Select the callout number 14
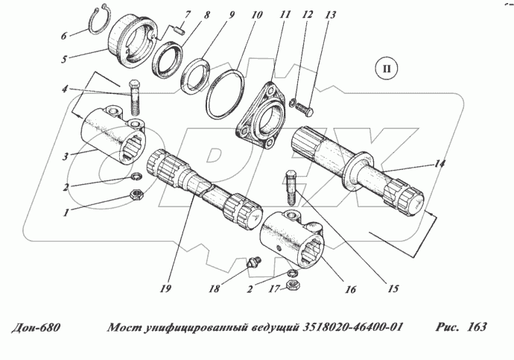(x=441, y=163)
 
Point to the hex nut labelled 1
(x=137, y=195)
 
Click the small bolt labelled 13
(x=306, y=110)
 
